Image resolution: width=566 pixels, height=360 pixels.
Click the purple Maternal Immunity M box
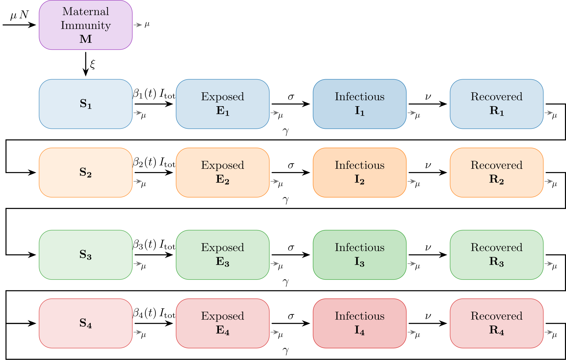tap(86, 25)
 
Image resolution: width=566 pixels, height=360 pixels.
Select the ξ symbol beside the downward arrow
tap(92, 64)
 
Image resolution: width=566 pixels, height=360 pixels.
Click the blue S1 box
tap(86, 104)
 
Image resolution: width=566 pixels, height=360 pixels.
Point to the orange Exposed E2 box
tap(222, 172)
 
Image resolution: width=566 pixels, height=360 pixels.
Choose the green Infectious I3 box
tap(359, 255)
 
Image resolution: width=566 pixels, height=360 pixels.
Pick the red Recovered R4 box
tap(496, 323)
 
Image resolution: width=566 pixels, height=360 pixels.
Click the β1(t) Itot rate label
tap(154, 94)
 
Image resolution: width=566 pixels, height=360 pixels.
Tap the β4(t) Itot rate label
tap(154, 313)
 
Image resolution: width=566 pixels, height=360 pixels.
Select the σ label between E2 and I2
tap(291, 166)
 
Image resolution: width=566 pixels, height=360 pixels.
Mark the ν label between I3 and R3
tap(428, 248)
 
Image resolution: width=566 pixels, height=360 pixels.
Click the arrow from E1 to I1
tap(291, 104)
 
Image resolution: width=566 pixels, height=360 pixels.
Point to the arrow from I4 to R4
tap(428, 323)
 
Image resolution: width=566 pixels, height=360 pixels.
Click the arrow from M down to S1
tap(86, 64)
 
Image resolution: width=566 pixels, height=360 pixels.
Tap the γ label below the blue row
tap(285, 131)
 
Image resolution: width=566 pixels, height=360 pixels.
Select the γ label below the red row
tap(285, 350)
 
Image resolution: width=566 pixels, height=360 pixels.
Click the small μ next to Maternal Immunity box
tap(147, 24)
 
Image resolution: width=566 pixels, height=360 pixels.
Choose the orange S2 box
tap(86, 172)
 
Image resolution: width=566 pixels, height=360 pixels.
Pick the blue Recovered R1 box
tap(496, 104)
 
